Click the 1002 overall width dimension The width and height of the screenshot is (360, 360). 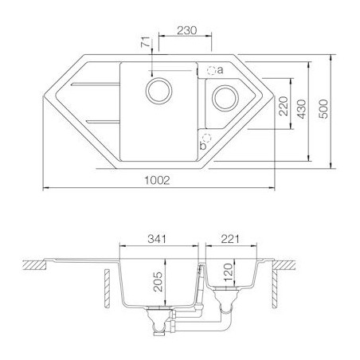(x=157, y=181)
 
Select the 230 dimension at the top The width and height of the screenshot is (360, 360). (x=187, y=30)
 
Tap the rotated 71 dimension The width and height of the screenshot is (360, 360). (x=146, y=42)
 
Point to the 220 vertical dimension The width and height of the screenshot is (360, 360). (x=284, y=106)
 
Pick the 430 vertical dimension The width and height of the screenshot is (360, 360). (x=302, y=109)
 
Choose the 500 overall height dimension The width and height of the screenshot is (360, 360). (x=323, y=109)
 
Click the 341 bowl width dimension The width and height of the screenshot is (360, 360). (x=157, y=239)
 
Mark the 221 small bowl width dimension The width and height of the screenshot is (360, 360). (x=230, y=239)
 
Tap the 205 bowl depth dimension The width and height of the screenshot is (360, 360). (x=158, y=282)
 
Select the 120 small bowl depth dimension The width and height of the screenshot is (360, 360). (x=228, y=272)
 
